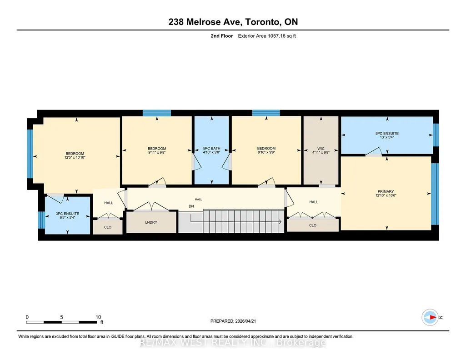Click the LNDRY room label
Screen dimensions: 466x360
151,222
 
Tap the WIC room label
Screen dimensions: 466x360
321,149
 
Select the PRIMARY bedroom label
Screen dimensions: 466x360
386,191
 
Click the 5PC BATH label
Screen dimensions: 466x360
211,148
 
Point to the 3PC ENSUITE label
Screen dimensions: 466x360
67,214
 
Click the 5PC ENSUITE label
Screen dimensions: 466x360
386,133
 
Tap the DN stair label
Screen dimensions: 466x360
191,206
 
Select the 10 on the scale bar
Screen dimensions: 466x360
98,317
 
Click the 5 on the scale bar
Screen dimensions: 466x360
61,317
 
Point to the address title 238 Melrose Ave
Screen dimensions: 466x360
205,22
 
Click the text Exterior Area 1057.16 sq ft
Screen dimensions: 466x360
267,36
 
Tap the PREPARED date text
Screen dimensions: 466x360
233,321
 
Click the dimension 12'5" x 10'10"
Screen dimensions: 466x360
75,157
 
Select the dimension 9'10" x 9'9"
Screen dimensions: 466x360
266,152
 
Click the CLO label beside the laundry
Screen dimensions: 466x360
108,227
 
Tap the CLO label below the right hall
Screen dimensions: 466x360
313,225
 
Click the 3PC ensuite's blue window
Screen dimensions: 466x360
41,220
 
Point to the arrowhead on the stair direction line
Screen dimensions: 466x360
280,221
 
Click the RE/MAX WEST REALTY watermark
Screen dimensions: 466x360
233,343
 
